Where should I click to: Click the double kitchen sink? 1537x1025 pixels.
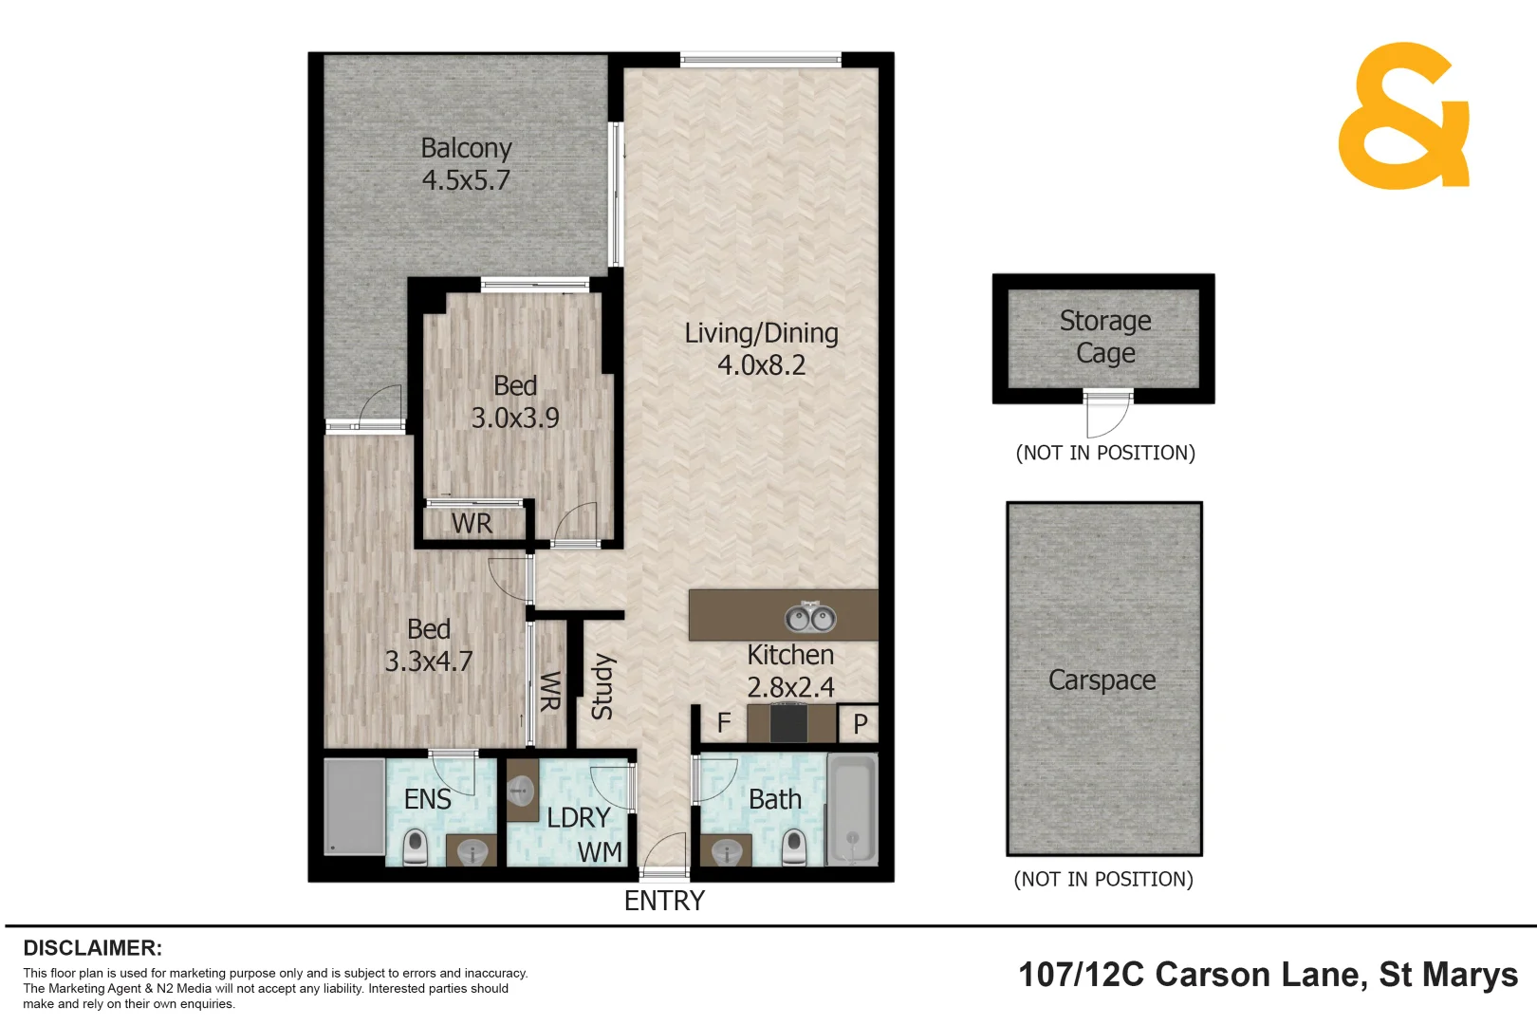pyautogui.click(x=810, y=618)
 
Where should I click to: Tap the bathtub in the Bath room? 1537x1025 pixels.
pyautogui.click(x=852, y=810)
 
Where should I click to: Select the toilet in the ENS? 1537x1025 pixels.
pyautogui.click(x=416, y=847)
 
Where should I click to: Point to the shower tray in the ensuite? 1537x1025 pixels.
pyautogui.click(x=354, y=807)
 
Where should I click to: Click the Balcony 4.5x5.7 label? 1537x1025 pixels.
pyautogui.click(x=466, y=164)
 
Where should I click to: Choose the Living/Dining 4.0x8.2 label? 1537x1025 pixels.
pyautogui.click(x=762, y=348)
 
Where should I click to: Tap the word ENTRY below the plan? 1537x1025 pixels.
pyautogui.click(x=664, y=901)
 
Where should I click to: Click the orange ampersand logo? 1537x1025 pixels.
pyautogui.click(x=1404, y=116)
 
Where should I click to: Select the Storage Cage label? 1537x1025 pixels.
pyautogui.click(x=1105, y=337)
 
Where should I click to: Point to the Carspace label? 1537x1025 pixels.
pyautogui.click(x=1102, y=680)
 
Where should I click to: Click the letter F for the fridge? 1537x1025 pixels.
pyautogui.click(x=724, y=723)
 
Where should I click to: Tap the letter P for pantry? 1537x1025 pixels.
pyautogui.click(x=861, y=724)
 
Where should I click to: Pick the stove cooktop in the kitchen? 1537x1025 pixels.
pyautogui.click(x=788, y=723)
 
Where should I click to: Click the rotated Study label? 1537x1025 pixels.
pyautogui.click(x=602, y=686)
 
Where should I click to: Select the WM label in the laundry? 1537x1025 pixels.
pyautogui.click(x=600, y=852)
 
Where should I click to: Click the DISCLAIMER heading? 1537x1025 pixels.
pyautogui.click(x=92, y=948)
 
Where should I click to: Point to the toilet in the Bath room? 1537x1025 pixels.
pyautogui.click(x=794, y=847)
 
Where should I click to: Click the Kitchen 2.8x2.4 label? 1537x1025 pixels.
pyautogui.click(x=790, y=671)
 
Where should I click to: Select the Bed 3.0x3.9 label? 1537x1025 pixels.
pyautogui.click(x=515, y=401)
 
